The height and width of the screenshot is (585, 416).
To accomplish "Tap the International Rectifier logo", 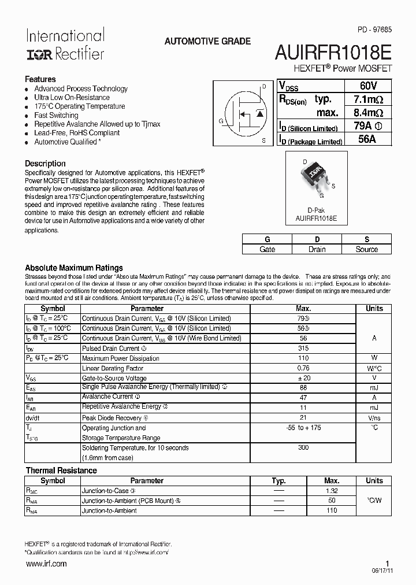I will [x=65, y=45].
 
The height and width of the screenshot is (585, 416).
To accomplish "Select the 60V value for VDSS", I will [x=367, y=86].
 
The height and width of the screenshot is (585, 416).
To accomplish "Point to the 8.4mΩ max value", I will [x=367, y=113].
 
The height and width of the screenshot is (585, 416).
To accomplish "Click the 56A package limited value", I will [x=367, y=139].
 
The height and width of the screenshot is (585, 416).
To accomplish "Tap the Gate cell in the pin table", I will [x=267, y=249].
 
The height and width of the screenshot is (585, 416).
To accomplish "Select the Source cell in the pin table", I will [x=366, y=249].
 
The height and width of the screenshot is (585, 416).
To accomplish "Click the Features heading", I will [x=40, y=79].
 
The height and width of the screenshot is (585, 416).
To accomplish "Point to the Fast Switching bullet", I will [x=56, y=115].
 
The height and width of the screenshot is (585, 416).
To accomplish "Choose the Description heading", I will [x=45, y=164].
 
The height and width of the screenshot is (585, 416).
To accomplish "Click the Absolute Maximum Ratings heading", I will [x=74, y=268].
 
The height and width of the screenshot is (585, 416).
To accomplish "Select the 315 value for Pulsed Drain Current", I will [x=303, y=349].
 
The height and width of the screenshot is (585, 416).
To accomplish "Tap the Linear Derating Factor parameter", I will [x=113, y=368].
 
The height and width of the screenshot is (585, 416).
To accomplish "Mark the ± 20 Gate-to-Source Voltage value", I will [x=303, y=378].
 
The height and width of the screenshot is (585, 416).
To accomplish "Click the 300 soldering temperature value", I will [x=303, y=448].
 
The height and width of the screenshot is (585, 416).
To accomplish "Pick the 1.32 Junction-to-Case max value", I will [x=332, y=491].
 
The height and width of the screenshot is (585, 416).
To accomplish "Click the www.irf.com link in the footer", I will [x=46, y=564].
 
